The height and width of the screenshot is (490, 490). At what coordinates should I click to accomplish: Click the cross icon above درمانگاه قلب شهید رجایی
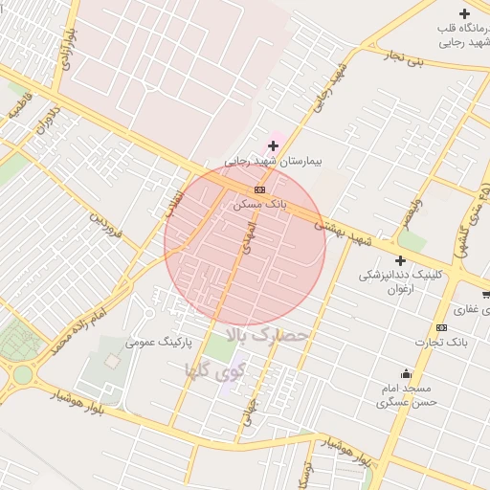point(464,13)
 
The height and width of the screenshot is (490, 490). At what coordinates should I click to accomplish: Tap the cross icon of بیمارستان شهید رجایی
point(274,145)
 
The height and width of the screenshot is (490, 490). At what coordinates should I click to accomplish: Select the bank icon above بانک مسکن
point(260,189)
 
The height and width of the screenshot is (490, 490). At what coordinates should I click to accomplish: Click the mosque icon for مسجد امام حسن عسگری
point(406,373)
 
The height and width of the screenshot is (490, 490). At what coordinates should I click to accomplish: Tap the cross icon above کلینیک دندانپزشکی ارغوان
point(400,260)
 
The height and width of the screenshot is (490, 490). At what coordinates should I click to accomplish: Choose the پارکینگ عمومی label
point(160,342)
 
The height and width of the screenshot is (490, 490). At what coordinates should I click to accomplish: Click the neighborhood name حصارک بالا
point(268,335)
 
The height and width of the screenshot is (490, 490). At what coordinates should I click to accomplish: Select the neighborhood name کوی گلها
point(215,368)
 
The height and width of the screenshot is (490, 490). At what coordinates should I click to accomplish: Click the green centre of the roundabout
point(22,374)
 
